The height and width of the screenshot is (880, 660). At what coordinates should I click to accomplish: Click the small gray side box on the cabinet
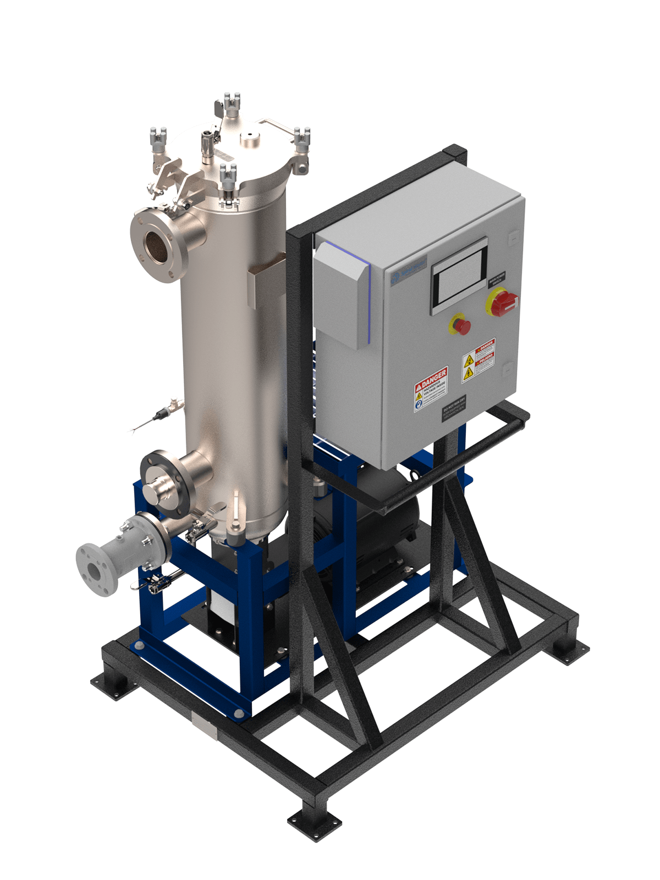coord(341,294)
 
